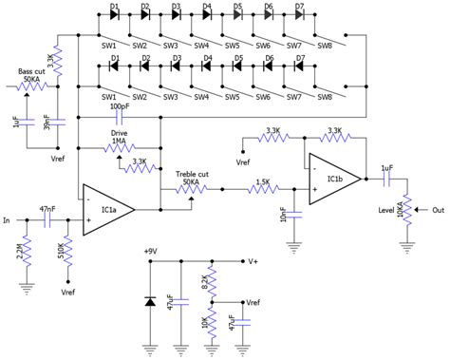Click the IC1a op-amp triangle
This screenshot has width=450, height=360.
click(107, 208)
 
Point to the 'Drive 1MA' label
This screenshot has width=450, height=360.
click(120, 137)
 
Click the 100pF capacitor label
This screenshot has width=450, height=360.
click(120, 107)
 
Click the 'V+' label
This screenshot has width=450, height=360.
click(253, 261)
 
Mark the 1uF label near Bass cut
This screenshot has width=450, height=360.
click(16, 121)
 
